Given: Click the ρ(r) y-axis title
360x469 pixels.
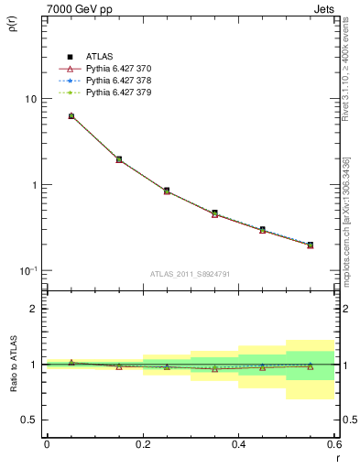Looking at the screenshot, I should point(13,27).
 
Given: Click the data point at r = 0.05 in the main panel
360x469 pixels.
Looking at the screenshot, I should point(71,116).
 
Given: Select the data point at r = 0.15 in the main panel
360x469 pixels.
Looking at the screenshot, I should point(119,159).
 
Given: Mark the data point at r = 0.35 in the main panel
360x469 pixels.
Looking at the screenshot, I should point(214,213).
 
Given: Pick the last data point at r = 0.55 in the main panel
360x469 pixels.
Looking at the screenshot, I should point(310,245).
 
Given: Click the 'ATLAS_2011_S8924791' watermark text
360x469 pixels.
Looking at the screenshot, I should point(190,274).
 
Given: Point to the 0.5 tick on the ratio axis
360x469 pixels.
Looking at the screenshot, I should point(30,420).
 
